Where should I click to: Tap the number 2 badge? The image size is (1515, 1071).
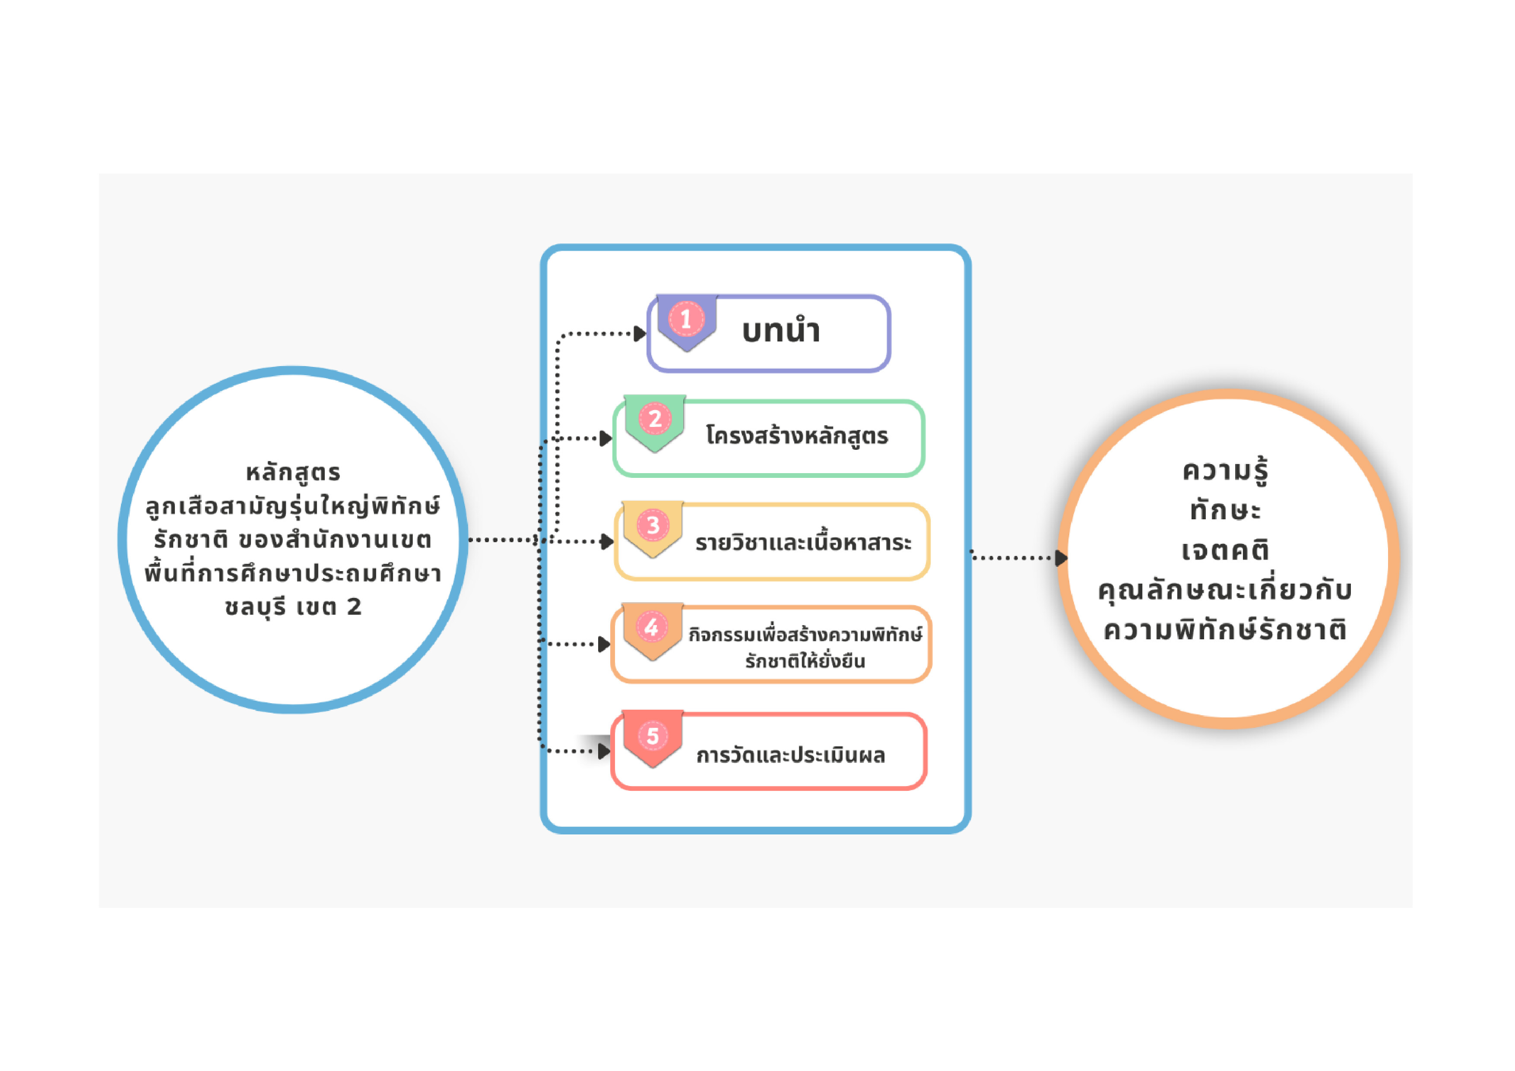click(655, 419)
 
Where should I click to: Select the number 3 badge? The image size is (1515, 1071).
click(653, 525)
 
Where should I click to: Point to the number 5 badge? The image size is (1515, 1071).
click(653, 736)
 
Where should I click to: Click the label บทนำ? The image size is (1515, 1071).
click(781, 331)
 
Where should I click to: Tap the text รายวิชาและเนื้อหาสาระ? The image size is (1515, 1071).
click(803, 542)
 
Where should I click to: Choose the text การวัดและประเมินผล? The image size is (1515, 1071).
click(790, 755)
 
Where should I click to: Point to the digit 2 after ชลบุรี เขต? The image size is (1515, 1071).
click(354, 607)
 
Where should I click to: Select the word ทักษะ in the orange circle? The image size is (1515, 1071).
click(1225, 510)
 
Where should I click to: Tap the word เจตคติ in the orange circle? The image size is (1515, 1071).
click(1225, 550)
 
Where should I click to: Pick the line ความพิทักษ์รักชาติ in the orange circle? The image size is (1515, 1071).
click(1225, 630)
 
